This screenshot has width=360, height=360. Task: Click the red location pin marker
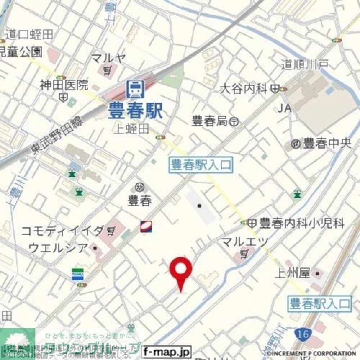pos(181,270)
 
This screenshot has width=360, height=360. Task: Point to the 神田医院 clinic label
pos(64,85)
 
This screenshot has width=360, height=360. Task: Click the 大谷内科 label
pos(244,88)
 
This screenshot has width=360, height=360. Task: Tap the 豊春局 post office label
pos(210,121)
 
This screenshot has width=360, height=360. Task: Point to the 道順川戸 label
pos(305,65)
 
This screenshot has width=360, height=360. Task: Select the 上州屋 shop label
pos(292,274)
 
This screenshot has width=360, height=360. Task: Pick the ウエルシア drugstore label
pos(58,248)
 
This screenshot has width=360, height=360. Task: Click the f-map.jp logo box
pos(166,351)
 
